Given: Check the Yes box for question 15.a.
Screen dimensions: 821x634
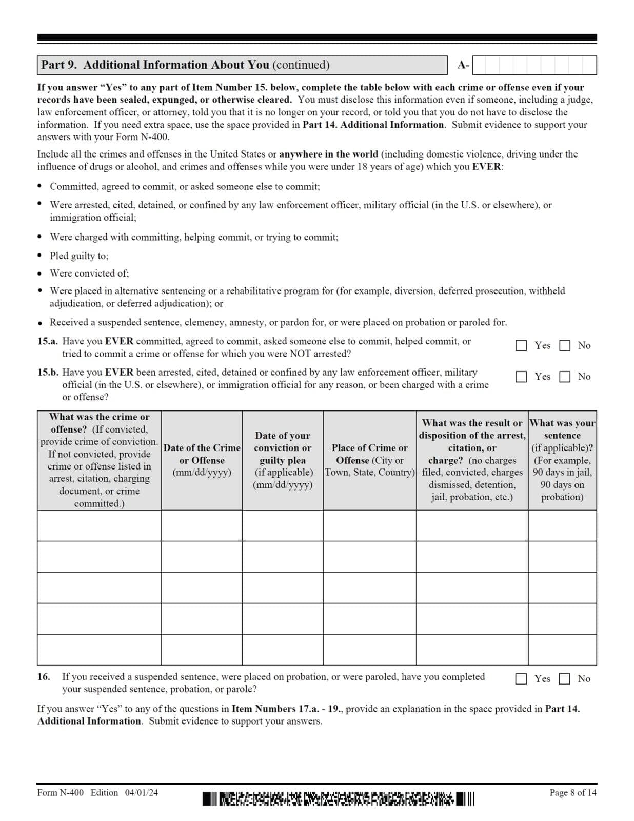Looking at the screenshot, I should pyautogui.click(x=521, y=345).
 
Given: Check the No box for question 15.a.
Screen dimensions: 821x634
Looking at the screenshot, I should pyautogui.click(x=564, y=345).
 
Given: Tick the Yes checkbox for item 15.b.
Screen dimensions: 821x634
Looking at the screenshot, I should pyautogui.click(x=521, y=377).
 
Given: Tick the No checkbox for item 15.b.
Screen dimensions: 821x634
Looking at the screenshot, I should pyautogui.click(x=564, y=377).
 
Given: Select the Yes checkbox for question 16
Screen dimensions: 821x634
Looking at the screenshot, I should pyautogui.click(x=521, y=678).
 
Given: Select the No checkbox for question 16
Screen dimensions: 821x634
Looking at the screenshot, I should pyautogui.click(x=564, y=678).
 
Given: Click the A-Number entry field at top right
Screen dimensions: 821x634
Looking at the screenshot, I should pyautogui.click(x=534, y=65).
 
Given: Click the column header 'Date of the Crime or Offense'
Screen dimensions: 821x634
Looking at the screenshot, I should pyautogui.click(x=202, y=460).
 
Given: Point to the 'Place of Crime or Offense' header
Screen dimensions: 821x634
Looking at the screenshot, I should pyautogui.click(x=369, y=460).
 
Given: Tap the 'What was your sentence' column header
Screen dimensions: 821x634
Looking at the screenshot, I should pyautogui.click(x=562, y=460).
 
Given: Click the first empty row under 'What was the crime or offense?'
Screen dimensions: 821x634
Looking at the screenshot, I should pyautogui.click(x=99, y=525).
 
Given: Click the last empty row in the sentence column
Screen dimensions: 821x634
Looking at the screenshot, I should pyautogui.click(x=562, y=650).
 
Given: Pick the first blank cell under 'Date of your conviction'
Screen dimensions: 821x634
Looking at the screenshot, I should pyautogui.click(x=283, y=525).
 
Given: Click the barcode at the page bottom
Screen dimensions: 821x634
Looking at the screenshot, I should pyautogui.click(x=339, y=799).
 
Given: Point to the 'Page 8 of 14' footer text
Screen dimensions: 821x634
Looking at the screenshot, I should pyautogui.click(x=572, y=792).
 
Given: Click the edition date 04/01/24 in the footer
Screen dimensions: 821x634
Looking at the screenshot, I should pyautogui.click(x=141, y=792).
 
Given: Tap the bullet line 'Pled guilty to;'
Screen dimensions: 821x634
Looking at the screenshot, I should pyautogui.click(x=79, y=256).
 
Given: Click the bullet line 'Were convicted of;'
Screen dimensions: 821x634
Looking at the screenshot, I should pyautogui.click(x=89, y=273).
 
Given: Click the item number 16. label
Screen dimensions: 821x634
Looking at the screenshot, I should pyautogui.click(x=44, y=676).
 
